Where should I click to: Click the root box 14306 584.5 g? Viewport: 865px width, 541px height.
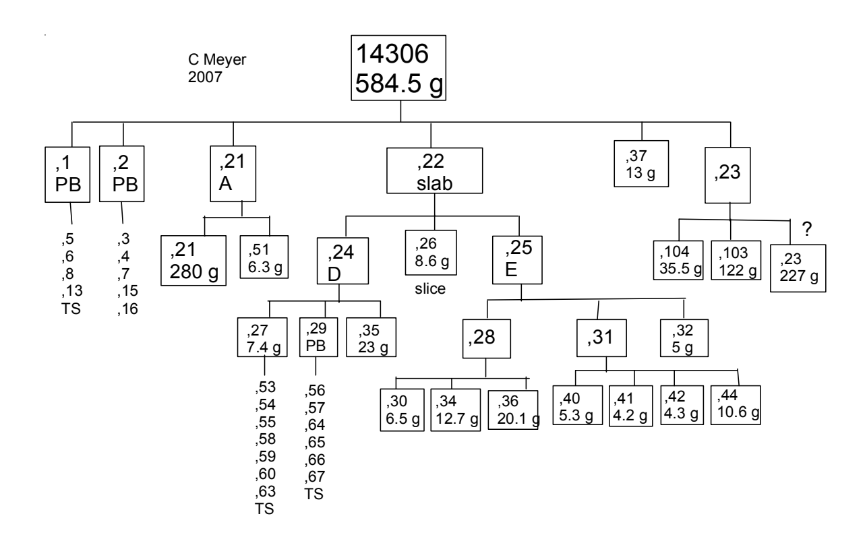click(400, 69)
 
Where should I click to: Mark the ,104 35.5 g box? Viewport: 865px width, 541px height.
click(678, 260)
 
